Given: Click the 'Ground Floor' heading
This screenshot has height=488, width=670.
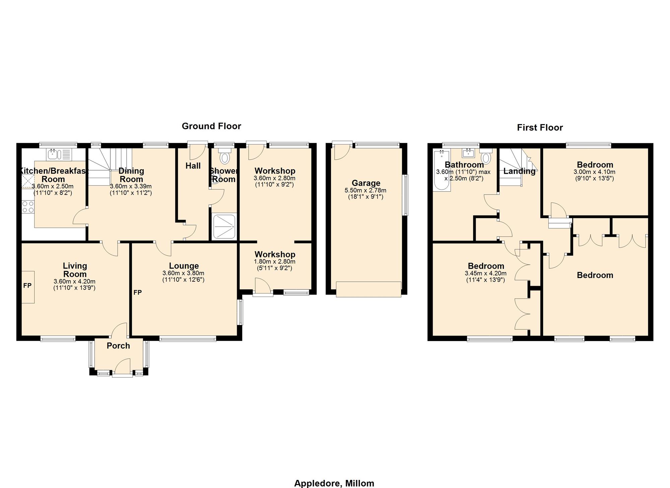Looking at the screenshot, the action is pyautogui.click(x=211, y=126).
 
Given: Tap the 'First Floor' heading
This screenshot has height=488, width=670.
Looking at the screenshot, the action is pyautogui.click(x=540, y=127).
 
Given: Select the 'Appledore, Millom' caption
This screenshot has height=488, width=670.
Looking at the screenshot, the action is pyautogui.click(x=334, y=483).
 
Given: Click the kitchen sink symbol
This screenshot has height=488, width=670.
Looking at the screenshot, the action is pyautogui.click(x=60, y=154).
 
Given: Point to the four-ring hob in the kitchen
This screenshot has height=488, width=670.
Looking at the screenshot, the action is pyautogui.click(x=28, y=207).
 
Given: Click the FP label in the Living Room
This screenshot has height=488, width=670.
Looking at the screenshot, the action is pyautogui.click(x=27, y=286).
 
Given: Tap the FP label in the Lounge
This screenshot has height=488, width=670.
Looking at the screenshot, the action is pyautogui.click(x=138, y=292).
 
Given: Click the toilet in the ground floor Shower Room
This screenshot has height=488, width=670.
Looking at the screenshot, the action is pyautogui.click(x=224, y=157).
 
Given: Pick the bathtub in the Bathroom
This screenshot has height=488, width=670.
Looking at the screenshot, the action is pyautogui.click(x=442, y=171).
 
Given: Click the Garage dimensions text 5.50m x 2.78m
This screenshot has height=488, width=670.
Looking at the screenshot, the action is pyautogui.click(x=365, y=191).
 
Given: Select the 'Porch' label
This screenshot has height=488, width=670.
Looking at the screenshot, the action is pyautogui.click(x=118, y=346).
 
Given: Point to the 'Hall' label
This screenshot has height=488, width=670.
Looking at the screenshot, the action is pyautogui.click(x=193, y=166).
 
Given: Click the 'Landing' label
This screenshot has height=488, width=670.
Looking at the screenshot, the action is pyautogui.click(x=519, y=171).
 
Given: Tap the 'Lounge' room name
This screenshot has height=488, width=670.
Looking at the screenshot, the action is pyautogui.click(x=184, y=266).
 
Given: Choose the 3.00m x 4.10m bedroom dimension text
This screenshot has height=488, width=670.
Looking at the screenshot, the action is pyautogui.click(x=595, y=172).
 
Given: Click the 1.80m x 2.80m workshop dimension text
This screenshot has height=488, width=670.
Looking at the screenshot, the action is pyautogui.click(x=275, y=262).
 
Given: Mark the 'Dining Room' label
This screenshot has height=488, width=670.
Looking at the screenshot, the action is pyautogui.click(x=131, y=175).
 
